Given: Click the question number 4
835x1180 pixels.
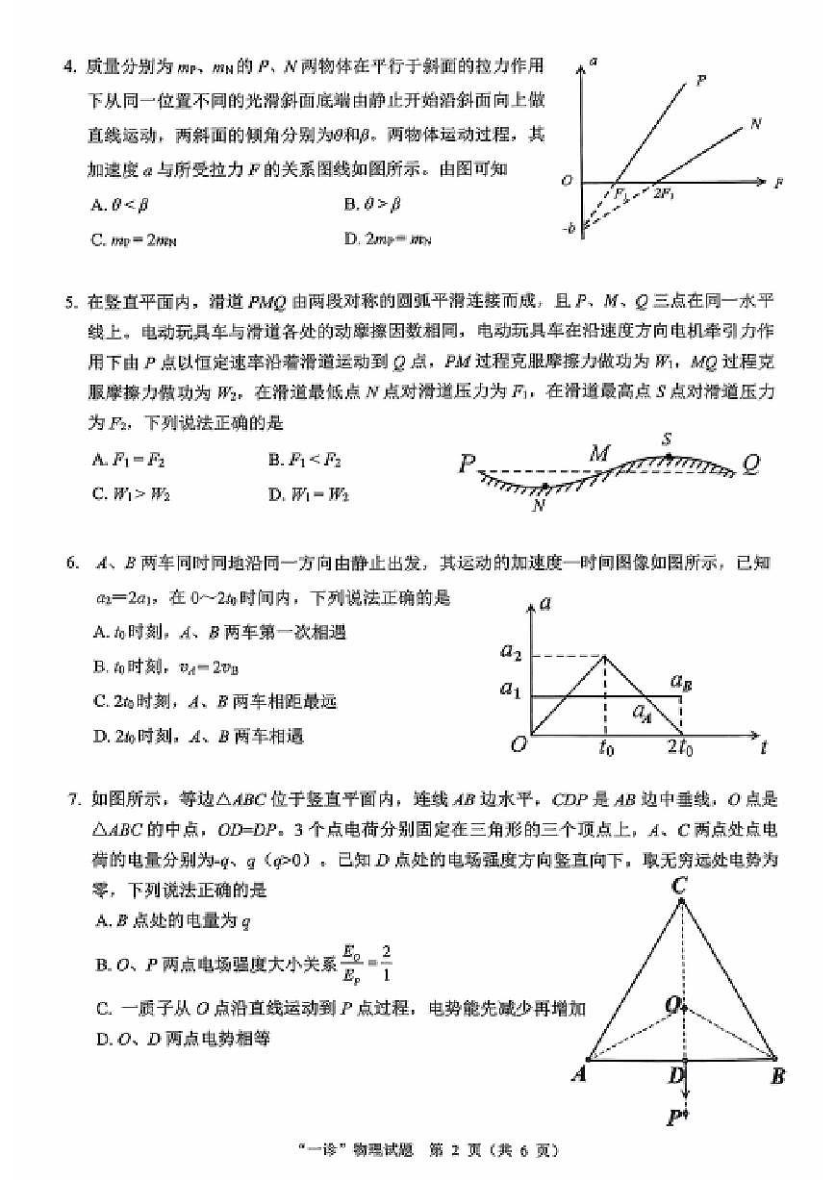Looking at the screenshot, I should click(x=68, y=66).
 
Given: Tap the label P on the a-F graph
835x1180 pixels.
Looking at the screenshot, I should click(x=701, y=82).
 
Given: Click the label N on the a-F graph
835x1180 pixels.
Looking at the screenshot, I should click(x=755, y=124).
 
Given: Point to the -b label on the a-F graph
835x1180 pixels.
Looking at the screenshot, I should click(x=569, y=228).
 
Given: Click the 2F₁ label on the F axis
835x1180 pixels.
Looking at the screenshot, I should click(x=664, y=195).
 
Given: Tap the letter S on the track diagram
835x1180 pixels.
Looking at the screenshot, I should click(x=666, y=439).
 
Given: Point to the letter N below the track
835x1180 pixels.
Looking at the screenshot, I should click(x=539, y=505).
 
